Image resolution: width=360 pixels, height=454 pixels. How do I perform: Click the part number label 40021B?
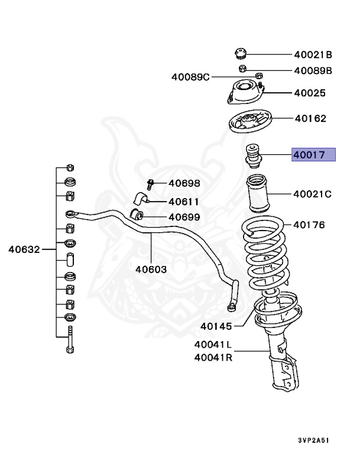tap(313, 55)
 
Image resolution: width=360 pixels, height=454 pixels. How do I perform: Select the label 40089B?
tap(313, 71)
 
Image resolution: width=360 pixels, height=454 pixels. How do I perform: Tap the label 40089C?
tap(190, 77)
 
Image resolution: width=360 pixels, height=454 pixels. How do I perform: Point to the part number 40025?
tap(310, 93)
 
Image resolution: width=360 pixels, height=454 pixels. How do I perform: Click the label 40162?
tap(310, 119)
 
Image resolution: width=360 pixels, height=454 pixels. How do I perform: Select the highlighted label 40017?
tap(313, 155)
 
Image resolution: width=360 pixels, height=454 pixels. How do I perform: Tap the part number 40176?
tap(310, 225)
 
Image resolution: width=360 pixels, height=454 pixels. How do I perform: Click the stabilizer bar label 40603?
tap(151, 269)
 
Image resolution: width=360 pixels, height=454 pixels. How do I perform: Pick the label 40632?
tap(24, 249)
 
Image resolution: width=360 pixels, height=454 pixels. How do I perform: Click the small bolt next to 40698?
tap(150, 184)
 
